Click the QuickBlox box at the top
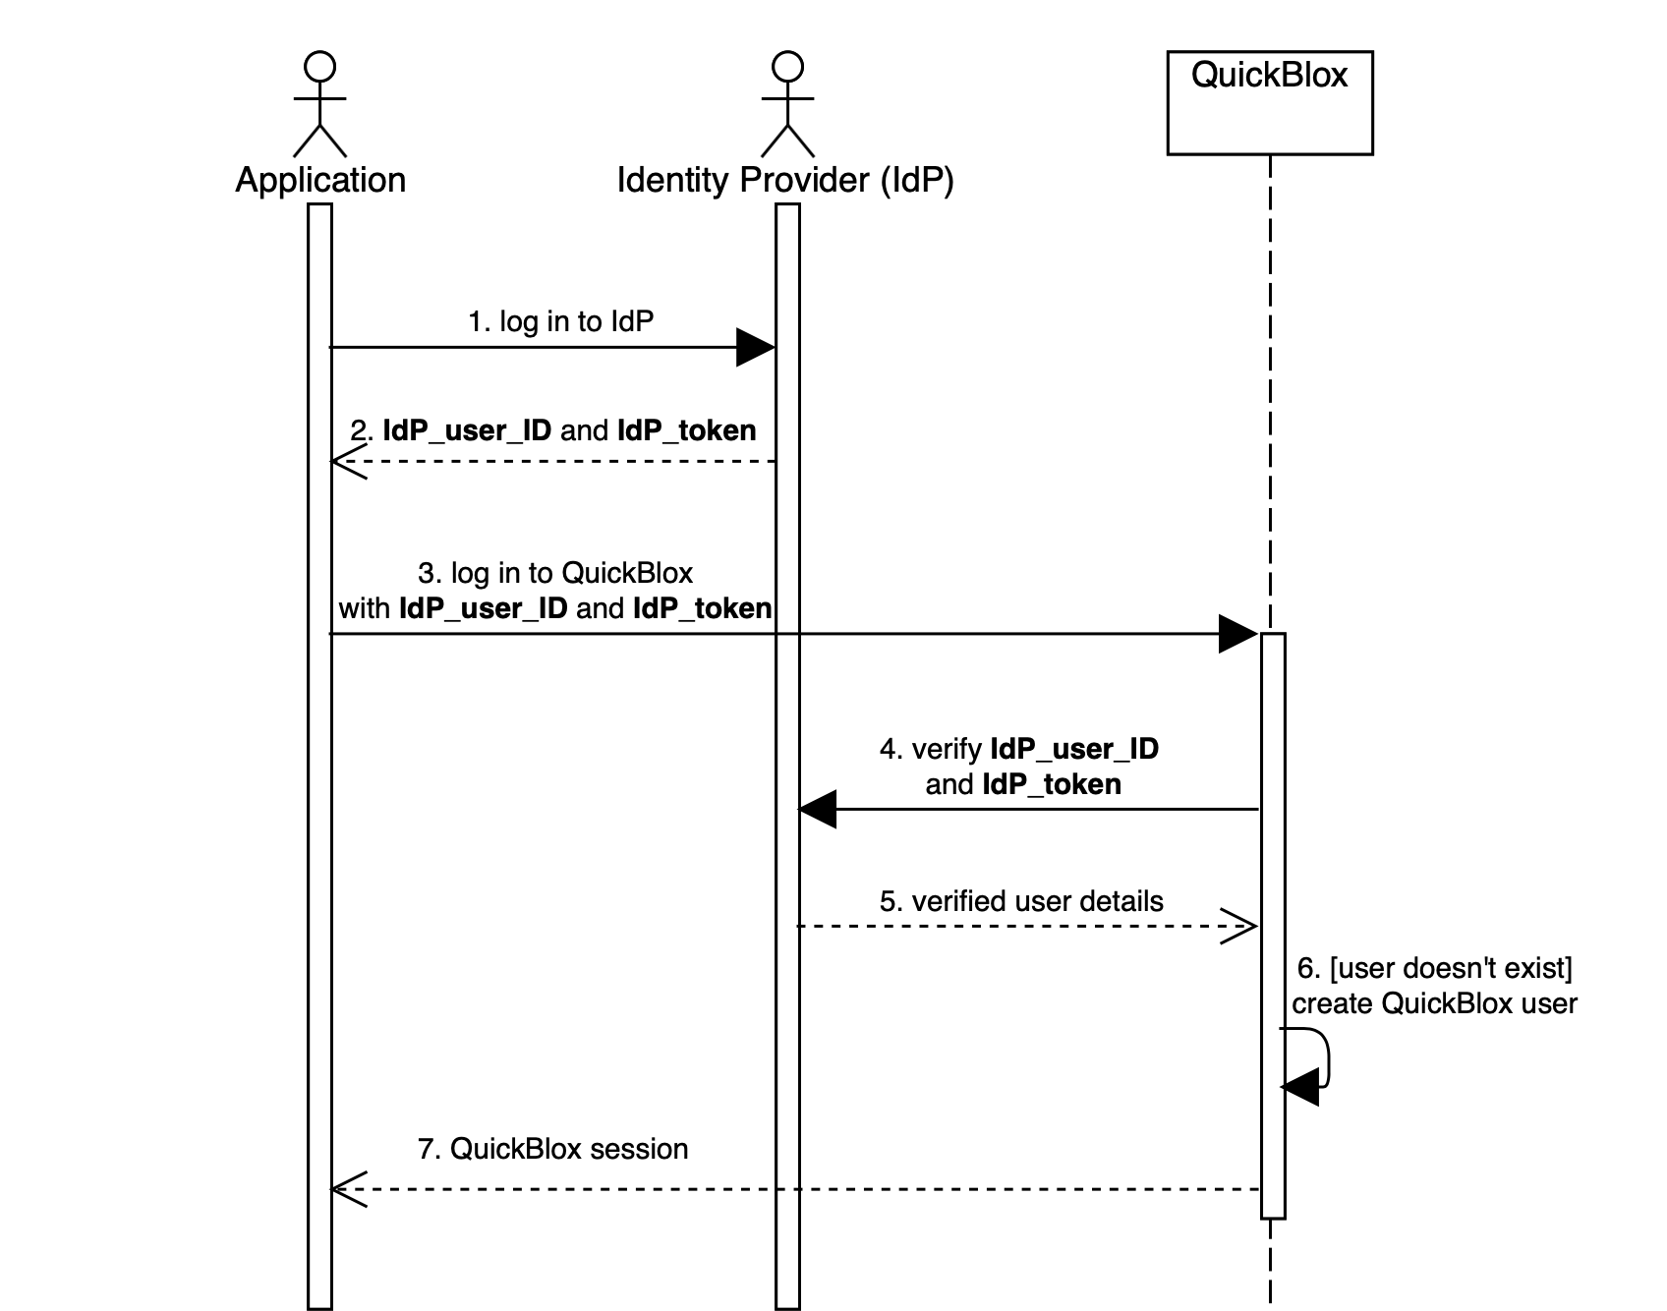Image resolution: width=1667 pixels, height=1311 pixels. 1269,102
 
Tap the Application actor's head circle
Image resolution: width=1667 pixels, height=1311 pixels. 320,68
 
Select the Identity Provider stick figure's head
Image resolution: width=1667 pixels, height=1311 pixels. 787,68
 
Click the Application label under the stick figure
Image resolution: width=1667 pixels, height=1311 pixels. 320,180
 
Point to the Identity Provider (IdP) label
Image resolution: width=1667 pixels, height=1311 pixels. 785,180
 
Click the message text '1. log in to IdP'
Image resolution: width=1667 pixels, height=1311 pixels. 560,321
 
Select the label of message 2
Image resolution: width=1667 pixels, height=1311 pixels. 553,430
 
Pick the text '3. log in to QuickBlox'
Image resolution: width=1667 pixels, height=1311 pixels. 555,573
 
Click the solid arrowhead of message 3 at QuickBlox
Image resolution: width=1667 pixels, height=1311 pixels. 1237,634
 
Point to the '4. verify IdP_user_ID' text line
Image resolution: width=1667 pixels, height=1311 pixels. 1019,749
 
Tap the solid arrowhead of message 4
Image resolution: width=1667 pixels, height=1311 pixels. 818,810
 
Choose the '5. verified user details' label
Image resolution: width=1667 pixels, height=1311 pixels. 1021,901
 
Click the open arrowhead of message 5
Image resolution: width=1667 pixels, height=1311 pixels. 1238,926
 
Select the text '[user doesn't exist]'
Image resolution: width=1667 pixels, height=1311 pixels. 1451,968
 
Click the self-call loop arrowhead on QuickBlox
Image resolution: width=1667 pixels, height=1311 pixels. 1299,1087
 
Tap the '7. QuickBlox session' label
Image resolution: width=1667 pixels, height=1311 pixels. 552,1149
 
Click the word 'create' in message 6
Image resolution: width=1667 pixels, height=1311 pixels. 1333,1003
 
